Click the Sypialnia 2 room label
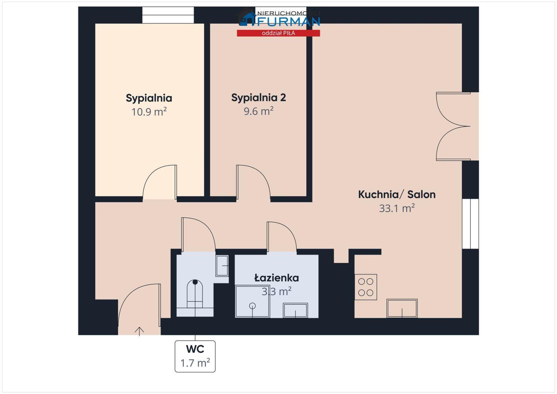coord(258,97)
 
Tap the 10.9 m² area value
coord(149,112)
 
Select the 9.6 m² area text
coord(258,111)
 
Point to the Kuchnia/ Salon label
coord(397,194)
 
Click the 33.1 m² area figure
coord(397,208)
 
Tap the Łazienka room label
coord(277,278)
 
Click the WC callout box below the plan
coord(195,356)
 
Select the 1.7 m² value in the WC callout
coord(195,363)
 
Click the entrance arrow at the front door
coord(139,331)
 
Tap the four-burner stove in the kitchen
coord(365,287)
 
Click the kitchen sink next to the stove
coord(402,308)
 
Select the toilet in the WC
coord(195,294)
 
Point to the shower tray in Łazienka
coord(252,301)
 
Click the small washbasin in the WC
coord(222,266)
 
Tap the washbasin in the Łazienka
coord(295,310)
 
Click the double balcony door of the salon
coord(453,126)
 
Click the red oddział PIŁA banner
coord(278,33)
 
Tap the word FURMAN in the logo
coord(288,22)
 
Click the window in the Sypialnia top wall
coord(168,15)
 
